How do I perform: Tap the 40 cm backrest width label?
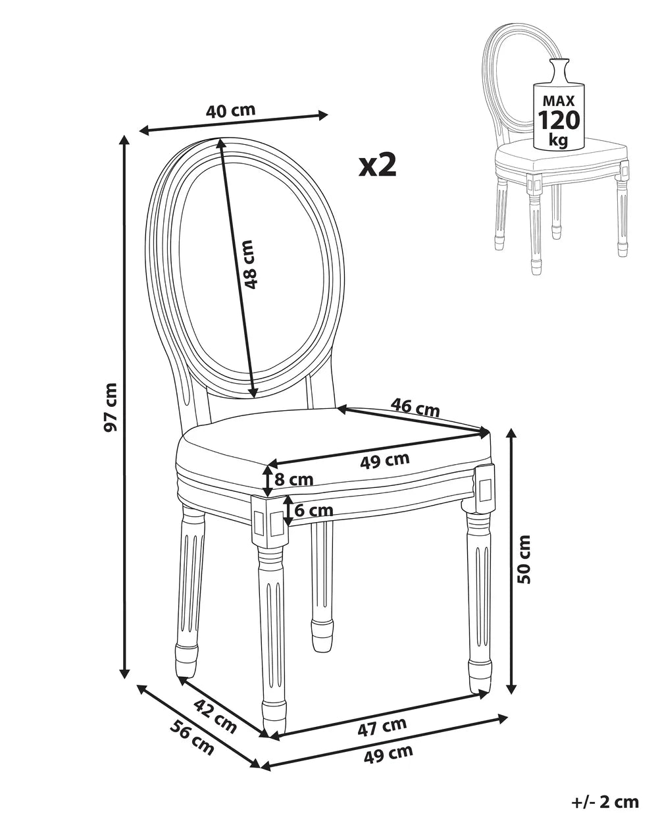[230, 111]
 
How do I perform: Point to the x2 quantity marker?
[377, 165]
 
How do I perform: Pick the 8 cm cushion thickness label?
[294, 479]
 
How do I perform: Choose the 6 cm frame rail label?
[313, 510]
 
